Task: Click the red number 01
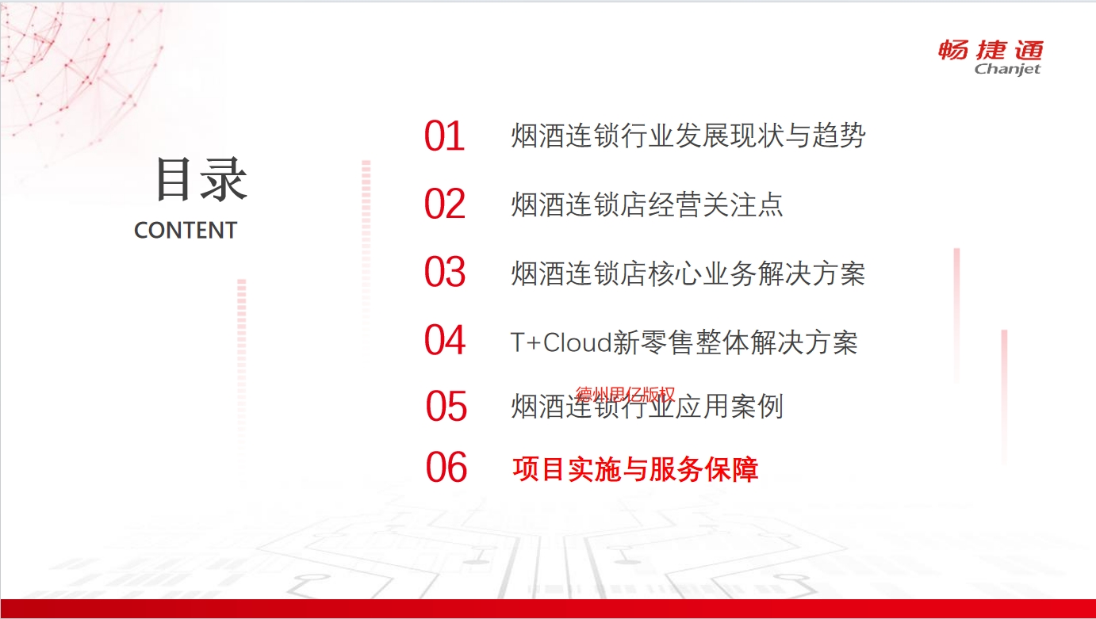pyautogui.click(x=444, y=136)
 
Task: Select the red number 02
pyautogui.click(x=444, y=204)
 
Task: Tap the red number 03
pyautogui.click(x=444, y=272)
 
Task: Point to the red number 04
pyautogui.click(x=444, y=340)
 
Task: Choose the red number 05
pyautogui.click(x=446, y=406)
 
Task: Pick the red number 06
pyautogui.click(x=446, y=468)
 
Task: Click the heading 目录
pyautogui.click(x=201, y=179)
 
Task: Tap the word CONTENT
pyautogui.click(x=186, y=231)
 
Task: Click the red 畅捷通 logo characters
pyautogui.click(x=991, y=51)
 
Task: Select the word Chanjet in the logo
pyautogui.click(x=1007, y=70)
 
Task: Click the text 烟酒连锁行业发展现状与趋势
pyautogui.click(x=688, y=136)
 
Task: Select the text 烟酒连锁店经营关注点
pyautogui.click(x=647, y=204)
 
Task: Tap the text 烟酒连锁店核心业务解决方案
pyautogui.click(x=688, y=273)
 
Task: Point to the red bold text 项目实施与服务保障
pyautogui.click(x=635, y=469)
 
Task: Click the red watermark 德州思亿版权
pyautogui.click(x=625, y=394)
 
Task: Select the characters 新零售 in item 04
pyautogui.click(x=653, y=342)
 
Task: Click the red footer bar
pyautogui.click(x=548, y=609)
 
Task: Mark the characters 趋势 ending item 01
pyautogui.click(x=838, y=136)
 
